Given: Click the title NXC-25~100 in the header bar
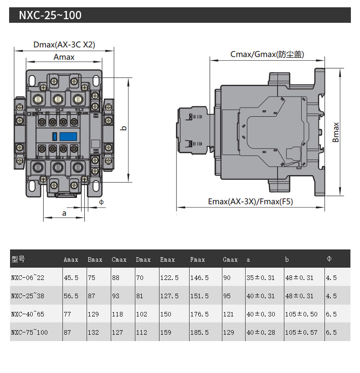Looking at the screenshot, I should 50,16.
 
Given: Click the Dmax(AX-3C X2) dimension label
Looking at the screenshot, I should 64,45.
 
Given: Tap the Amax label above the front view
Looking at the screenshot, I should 64,57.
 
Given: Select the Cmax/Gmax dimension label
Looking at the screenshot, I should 267,54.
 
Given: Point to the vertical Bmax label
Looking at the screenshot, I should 336,132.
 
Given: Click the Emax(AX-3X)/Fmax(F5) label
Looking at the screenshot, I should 250,202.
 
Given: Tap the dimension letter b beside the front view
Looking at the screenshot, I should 123,129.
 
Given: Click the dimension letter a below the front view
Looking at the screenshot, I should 64,213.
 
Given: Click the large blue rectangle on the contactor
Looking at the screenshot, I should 68,136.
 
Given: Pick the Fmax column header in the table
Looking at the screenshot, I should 197,259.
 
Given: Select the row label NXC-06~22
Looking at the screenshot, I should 28,278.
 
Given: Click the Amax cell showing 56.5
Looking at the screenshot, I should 71,296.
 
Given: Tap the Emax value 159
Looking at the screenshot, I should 166,332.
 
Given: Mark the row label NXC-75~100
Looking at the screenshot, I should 29,332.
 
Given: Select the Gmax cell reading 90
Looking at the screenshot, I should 227,278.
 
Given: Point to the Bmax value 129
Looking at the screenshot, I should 93,314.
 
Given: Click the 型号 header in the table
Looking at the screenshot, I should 18,259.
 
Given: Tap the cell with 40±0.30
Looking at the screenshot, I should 260,314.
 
